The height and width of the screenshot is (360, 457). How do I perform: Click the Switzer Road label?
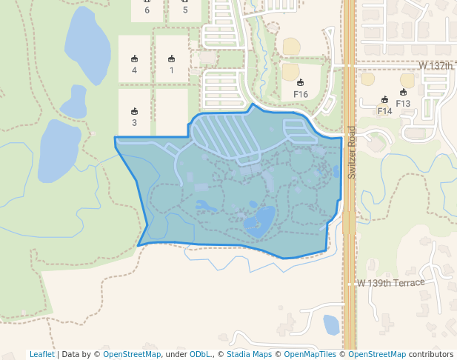(352, 153)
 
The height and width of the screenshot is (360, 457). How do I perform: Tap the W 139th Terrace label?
(390, 283)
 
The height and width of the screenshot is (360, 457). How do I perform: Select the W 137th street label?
(436, 66)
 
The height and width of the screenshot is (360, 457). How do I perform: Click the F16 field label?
(301, 94)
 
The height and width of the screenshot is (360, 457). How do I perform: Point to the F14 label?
(384, 111)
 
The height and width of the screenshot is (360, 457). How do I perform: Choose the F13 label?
(403, 104)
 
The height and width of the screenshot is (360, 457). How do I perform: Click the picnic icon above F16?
(301, 82)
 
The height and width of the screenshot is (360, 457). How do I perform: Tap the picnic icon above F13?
(403, 93)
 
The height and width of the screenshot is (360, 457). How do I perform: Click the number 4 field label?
(134, 70)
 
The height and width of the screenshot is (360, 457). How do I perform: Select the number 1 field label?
(171, 70)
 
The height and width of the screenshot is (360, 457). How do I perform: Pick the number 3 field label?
(134, 123)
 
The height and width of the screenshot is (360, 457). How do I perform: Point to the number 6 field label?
(147, 10)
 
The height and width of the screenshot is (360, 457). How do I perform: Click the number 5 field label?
(185, 10)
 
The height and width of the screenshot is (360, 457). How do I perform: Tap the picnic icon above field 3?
(134, 112)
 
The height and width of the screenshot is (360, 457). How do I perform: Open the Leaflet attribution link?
(41, 354)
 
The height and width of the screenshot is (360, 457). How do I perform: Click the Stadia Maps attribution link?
(249, 354)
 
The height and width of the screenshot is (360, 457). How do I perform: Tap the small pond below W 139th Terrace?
(331, 324)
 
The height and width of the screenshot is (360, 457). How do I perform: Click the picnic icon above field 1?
(171, 59)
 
